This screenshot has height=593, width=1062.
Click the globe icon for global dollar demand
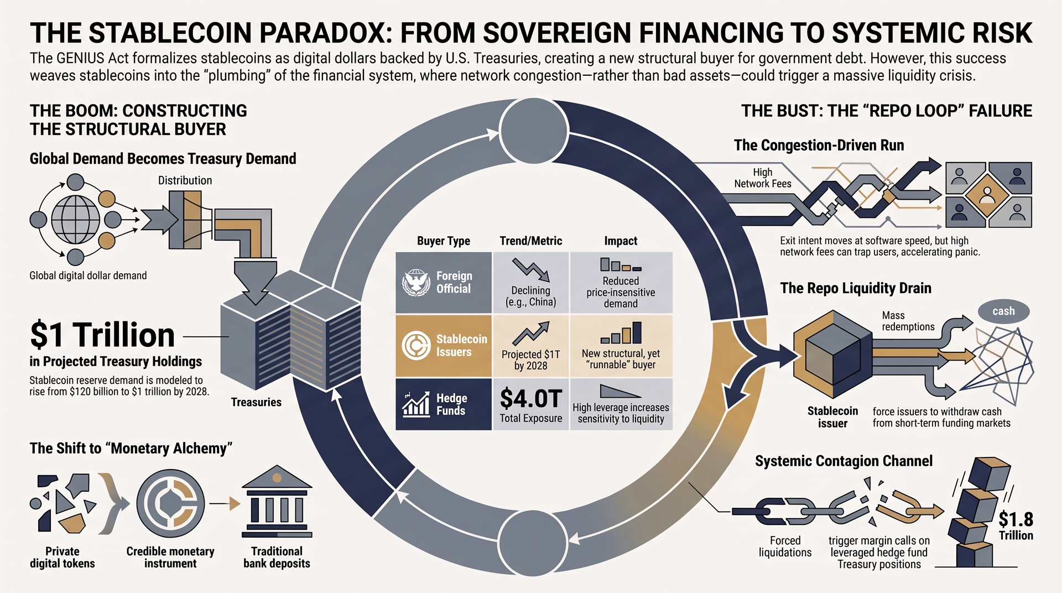(75, 220)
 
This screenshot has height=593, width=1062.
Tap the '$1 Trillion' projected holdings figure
(102, 335)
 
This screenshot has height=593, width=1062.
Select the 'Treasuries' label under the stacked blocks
(256, 402)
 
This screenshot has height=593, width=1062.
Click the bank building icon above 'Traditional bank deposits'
(277, 502)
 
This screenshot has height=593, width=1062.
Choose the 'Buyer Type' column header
(444, 241)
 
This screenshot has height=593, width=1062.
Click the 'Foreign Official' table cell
(444, 283)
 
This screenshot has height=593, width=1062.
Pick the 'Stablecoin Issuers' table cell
(444, 346)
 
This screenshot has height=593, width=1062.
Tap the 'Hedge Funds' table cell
(444, 404)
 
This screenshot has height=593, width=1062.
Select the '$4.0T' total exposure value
(531, 398)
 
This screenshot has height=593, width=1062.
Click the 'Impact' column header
(621, 241)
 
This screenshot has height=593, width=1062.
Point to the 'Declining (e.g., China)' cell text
(531, 296)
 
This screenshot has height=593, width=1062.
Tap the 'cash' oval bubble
(1003, 311)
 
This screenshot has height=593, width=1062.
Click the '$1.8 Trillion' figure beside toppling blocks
(1016, 526)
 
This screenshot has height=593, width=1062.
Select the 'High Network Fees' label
(763, 178)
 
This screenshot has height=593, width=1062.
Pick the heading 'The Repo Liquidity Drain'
(856, 288)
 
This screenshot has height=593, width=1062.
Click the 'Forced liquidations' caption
(785, 547)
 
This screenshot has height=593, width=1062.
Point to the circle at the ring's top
(534, 131)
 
